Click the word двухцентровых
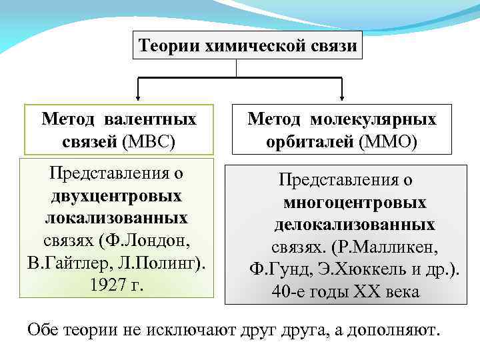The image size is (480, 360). pos(117,197)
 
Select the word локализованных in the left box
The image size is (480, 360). pos(117,219)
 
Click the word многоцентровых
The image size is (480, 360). pos(355,203)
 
